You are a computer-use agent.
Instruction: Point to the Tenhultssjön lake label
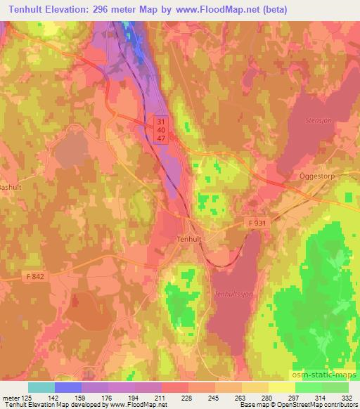[x=233, y=294]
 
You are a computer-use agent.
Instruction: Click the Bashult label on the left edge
[x=12, y=188]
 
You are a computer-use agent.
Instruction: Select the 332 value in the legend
[x=348, y=398]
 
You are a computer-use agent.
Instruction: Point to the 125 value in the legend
[x=24, y=398]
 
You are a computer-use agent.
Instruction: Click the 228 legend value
[x=186, y=398]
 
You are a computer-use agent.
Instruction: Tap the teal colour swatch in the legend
[x=41, y=387]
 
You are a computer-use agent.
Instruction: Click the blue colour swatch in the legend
[x=67, y=387]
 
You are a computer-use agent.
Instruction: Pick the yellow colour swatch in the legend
[x=255, y=387]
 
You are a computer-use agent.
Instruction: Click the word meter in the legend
[x=8, y=398]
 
